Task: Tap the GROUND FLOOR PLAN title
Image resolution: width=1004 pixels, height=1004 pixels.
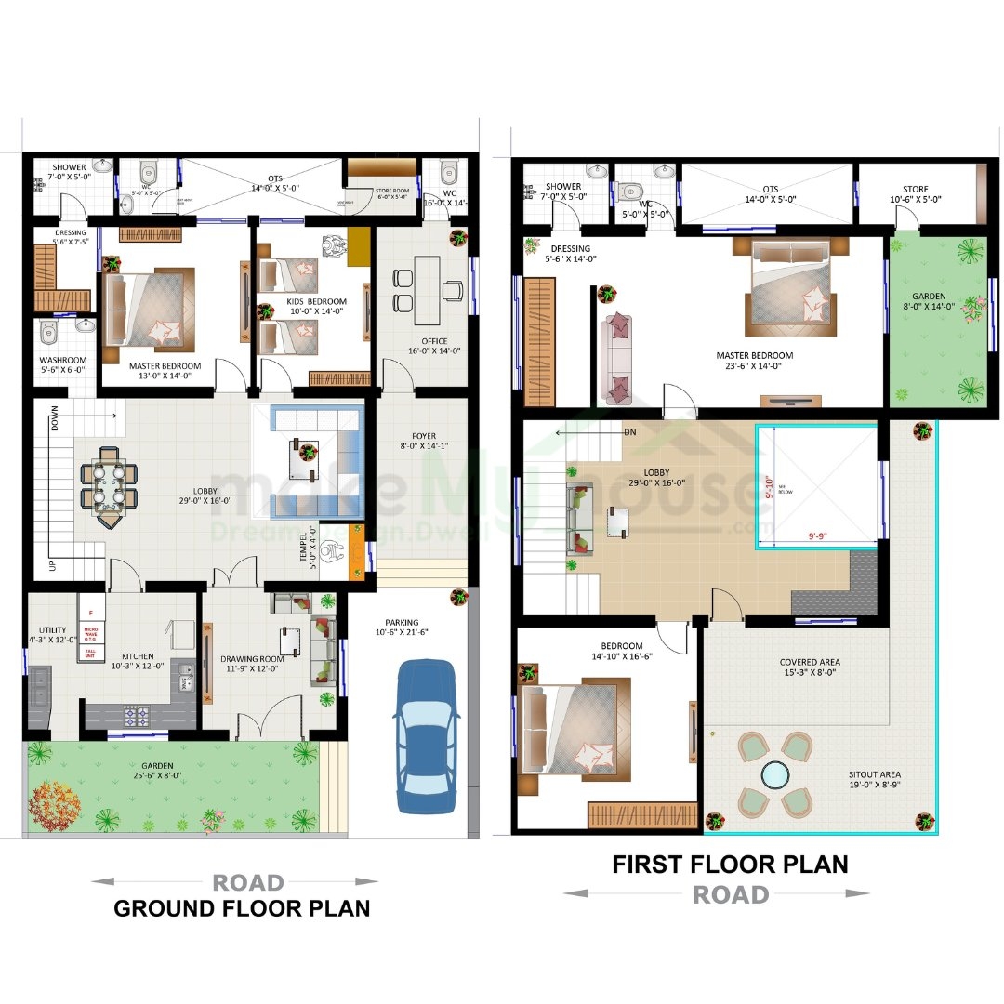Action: click(242, 908)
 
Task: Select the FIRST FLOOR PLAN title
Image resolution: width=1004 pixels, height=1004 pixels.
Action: click(730, 864)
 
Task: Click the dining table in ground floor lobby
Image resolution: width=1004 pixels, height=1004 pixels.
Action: click(109, 485)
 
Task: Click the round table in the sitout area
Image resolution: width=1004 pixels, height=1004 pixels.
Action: click(773, 774)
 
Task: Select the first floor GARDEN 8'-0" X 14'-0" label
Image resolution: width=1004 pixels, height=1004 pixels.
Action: click(931, 302)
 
